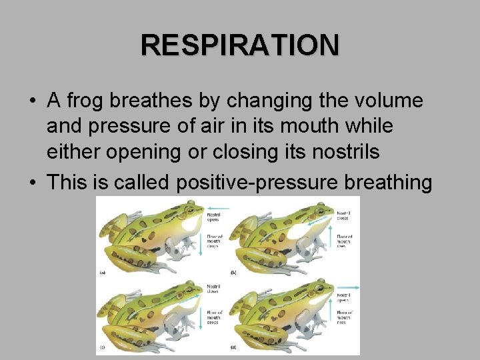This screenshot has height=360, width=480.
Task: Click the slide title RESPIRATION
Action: [x=240, y=45]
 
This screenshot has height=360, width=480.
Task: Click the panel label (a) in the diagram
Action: [x=102, y=273]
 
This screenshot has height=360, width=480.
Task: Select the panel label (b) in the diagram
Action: [x=233, y=273]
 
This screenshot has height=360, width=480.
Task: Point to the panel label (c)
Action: [x=102, y=348]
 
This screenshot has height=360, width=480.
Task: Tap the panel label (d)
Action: [x=233, y=348]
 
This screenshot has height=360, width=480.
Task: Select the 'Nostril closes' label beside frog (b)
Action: [x=344, y=216]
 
